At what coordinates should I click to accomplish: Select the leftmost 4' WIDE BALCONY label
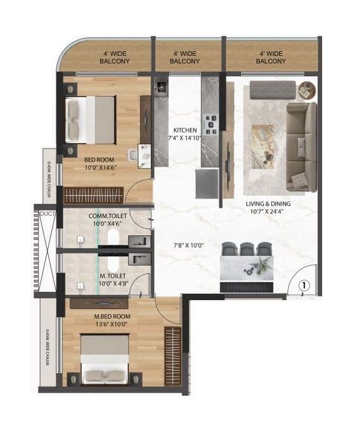coord(115,58)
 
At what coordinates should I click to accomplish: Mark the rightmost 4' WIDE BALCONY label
coord(270,58)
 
